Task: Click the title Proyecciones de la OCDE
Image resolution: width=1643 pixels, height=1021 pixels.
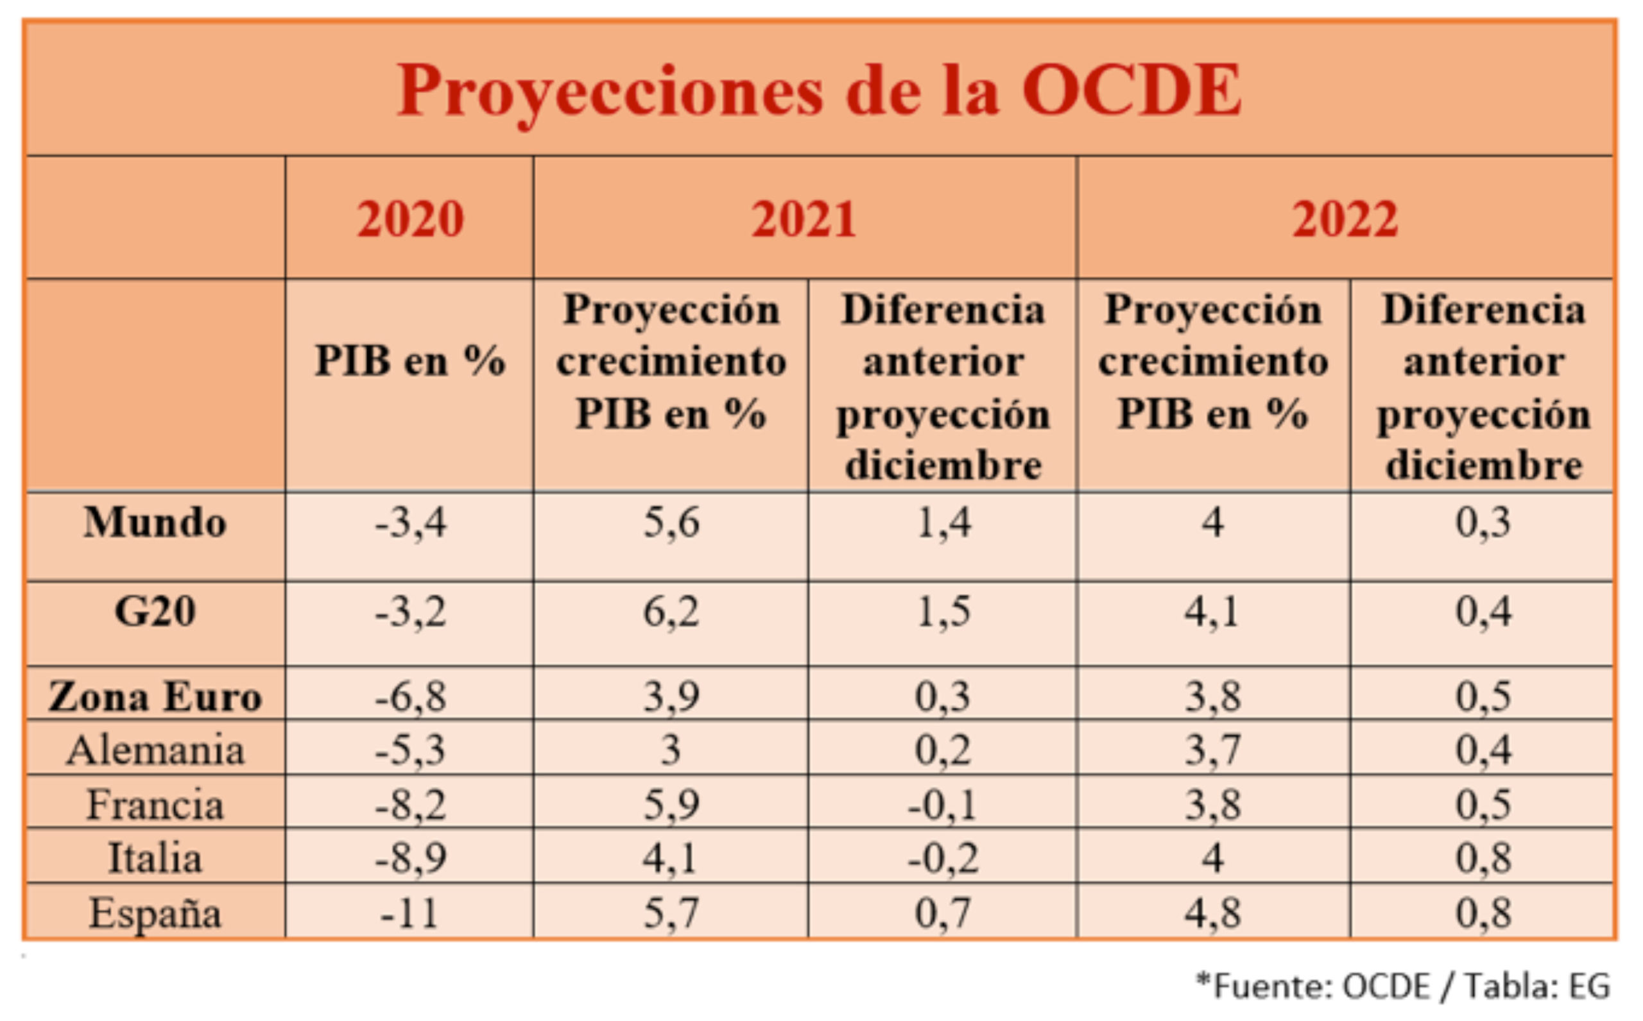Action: pyautogui.click(x=819, y=91)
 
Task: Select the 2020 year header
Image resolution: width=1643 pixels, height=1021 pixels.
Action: pyautogui.click(x=410, y=219)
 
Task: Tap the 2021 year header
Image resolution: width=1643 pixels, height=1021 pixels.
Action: pyautogui.click(x=804, y=219)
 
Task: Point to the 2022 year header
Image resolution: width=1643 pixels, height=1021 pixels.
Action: pyautogui.click(x=1345, y=219)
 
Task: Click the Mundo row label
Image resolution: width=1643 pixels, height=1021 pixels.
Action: pyautogui.click(x=155, y=523)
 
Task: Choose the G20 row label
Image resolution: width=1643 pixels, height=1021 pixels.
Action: pyautogui.click(x=155, y=612)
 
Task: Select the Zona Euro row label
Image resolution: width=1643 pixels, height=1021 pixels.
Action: pyautogui.click(x=155, y=696)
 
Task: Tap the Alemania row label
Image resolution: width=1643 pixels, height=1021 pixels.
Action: pyautogui.click(x=155, y=750)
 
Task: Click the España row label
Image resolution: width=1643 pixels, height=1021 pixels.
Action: pyautogui.click(x=155, y=914)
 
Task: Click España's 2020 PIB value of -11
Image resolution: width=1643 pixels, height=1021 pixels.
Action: pyautogui.click(x=409, y=914)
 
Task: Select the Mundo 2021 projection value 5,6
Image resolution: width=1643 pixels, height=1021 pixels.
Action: pyautogui.click(x=671, y=523)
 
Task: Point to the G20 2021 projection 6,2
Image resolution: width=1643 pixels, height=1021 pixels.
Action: pyautogui.click(x=671, y=612)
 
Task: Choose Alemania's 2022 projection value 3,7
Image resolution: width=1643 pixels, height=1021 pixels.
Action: pyautogui.click(x=1212, y=750)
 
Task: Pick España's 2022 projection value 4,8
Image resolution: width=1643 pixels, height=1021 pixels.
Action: pyautogui.click(x=1212, y=914)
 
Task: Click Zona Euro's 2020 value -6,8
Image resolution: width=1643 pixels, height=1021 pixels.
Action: pyautogui.click(x=410, y=696)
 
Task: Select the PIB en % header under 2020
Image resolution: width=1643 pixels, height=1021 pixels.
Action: pyautogui.click(x=410, y=360)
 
